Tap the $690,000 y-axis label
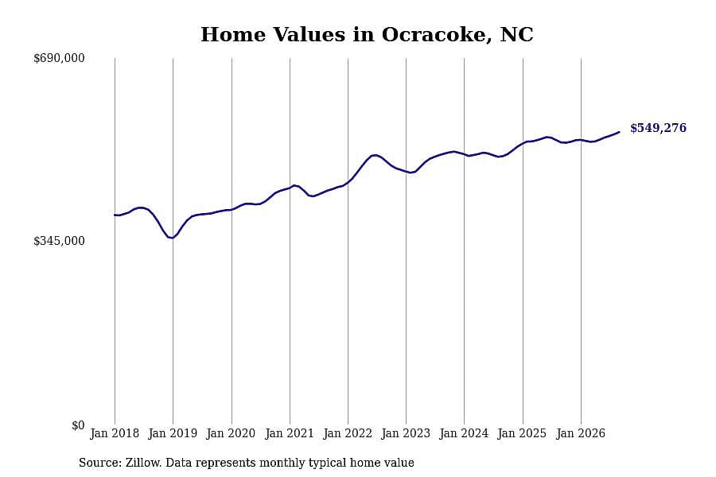(59, 58)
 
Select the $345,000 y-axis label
(59, 241)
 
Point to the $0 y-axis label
(78, 425)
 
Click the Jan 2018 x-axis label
(115, 433)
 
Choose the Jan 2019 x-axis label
(173, 433)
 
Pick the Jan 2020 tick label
(231, 433)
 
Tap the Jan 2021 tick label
(290, 433)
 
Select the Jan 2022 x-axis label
(348, 433)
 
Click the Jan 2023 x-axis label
(406, 433)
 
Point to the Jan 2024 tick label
(464, 433)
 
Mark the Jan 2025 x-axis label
(523, 433)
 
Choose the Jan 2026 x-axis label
(581, 433)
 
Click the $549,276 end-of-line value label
(658, 128)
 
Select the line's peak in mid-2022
(375, 155)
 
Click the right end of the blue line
(619, 132)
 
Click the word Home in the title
(233, 35)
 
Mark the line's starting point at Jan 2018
(115, 215)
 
